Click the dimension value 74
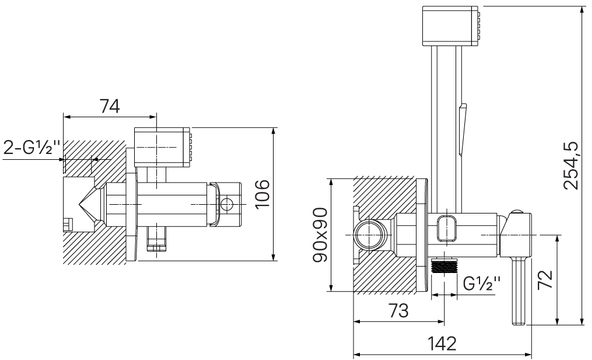pos(109,106)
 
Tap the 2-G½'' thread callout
pos(32,148)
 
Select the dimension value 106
pos(262,194)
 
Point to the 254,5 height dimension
pos(570,165)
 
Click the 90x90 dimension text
pos(321,235)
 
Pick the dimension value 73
pos(399,311)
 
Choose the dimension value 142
pos(442,343)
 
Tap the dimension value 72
pos(545,279)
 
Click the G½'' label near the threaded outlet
pos(482,283)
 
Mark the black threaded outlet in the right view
pos(444,266)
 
